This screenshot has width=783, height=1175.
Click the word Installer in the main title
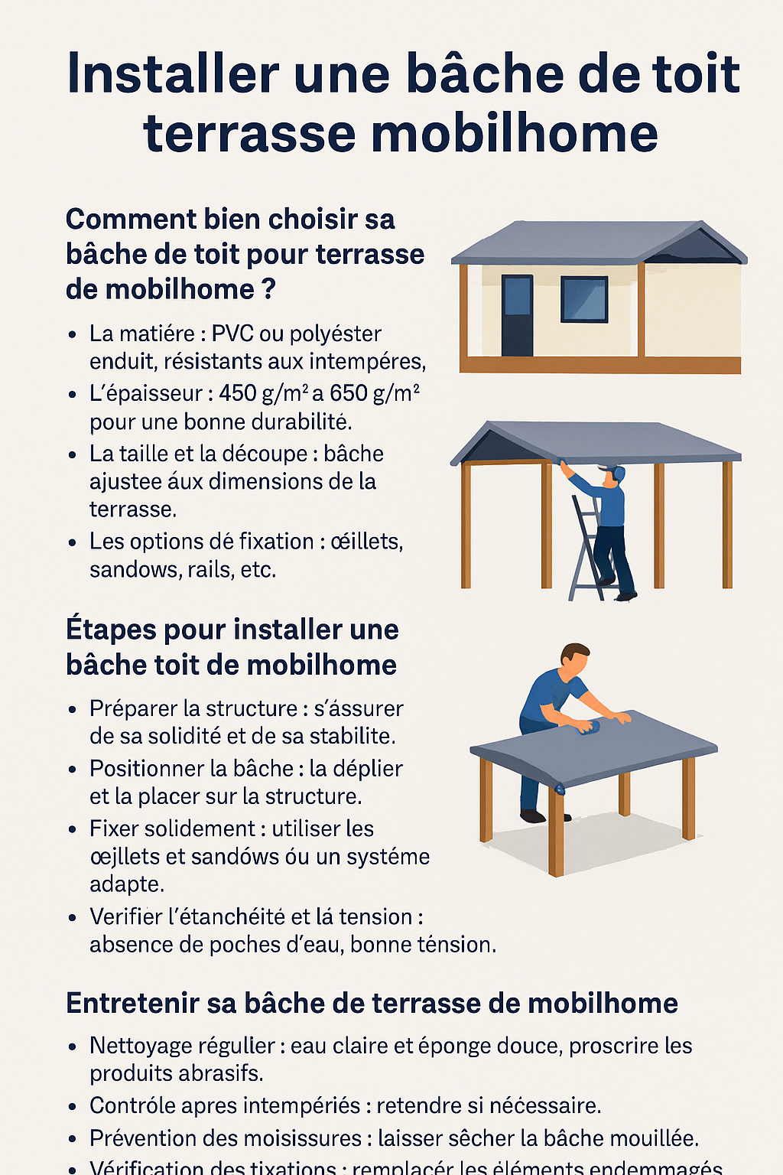[x=173, y=74]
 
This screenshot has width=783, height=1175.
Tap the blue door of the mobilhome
[x=517, y=315]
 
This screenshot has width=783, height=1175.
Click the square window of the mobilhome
[x=584, y=299]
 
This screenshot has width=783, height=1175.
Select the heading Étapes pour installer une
[x=232, y=630]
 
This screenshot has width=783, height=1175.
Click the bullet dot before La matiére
[x=72, y=335]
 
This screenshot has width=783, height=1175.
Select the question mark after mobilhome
[x=268, y=290]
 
